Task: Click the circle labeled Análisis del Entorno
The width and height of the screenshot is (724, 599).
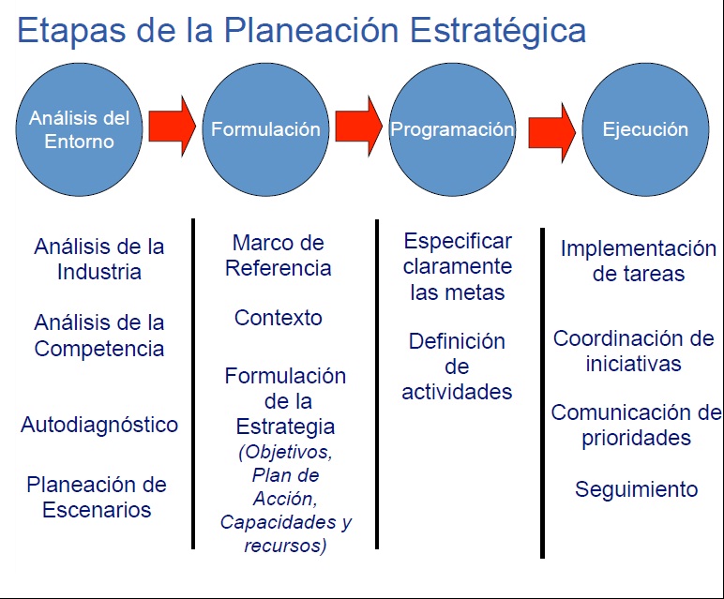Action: point(79,130)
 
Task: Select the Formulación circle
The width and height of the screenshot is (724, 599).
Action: point(265,130)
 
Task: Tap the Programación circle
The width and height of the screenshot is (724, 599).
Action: point(452,130)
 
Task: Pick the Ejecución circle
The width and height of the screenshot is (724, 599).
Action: point(645,130)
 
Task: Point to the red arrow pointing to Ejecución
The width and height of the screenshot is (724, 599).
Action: point(551,131)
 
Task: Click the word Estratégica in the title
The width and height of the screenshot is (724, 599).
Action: point(499,30)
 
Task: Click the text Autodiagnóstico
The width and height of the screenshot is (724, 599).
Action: point(99,425)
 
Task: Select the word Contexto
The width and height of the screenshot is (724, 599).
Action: point(279,318)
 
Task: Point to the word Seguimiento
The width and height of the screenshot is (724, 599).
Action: point(637,488)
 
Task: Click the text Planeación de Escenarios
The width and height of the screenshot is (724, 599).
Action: point(97,497)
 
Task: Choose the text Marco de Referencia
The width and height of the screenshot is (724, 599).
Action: point(279,255)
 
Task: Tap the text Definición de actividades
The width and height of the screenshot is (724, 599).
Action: point(457,367)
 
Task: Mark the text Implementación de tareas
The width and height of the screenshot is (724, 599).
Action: point(638,262)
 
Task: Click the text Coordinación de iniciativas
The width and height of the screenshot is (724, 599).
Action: point(634,351)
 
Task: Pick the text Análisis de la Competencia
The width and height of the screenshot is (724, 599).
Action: point(99,336)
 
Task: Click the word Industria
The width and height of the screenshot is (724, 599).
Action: point(99,272)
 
